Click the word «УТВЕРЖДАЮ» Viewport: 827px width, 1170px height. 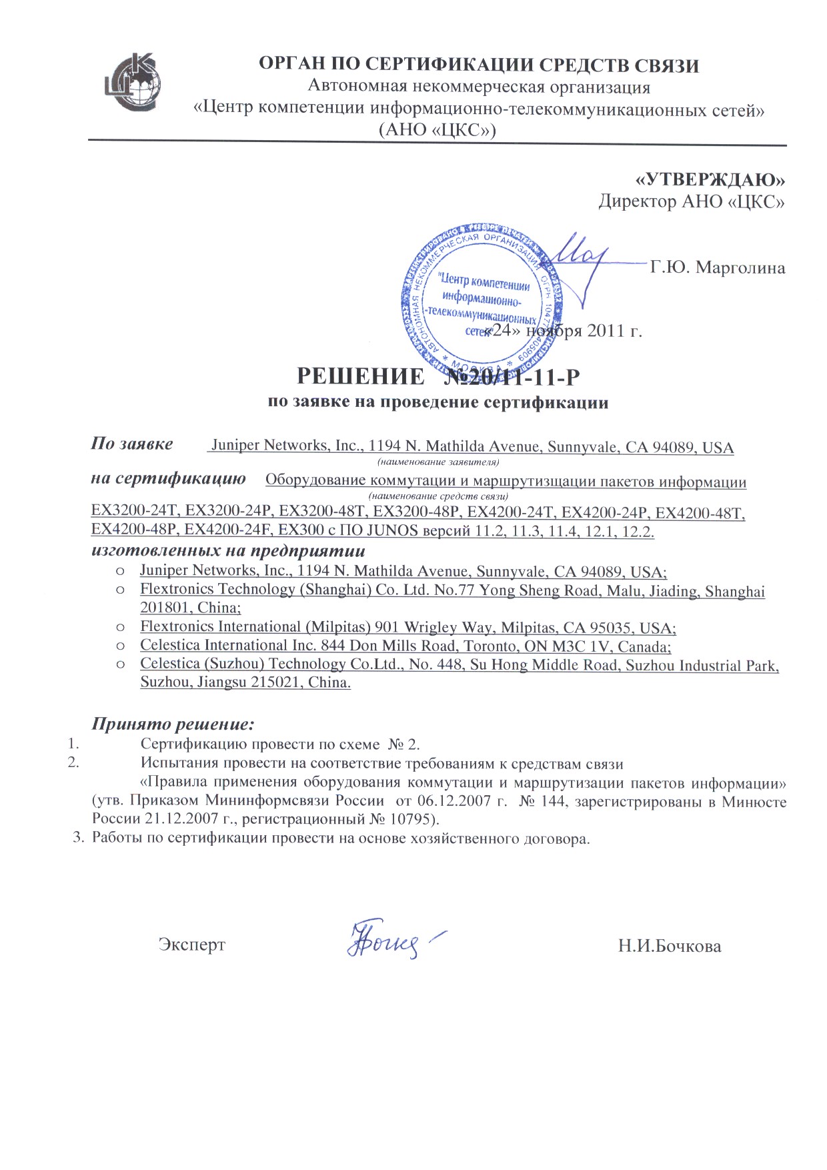coord(710,179)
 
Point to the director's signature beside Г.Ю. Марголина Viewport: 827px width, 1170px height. coord(580,260)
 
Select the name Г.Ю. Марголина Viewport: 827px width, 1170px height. coord(718,268)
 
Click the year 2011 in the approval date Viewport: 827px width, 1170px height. coord(606,331)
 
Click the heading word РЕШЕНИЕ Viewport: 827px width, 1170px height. coord(359,377)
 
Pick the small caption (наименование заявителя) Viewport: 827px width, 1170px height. coord(439,462)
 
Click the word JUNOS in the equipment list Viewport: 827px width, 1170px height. coord(390,531)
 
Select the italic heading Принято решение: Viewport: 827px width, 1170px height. coord(173,724)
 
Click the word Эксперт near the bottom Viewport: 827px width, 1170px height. coord(191,945)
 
